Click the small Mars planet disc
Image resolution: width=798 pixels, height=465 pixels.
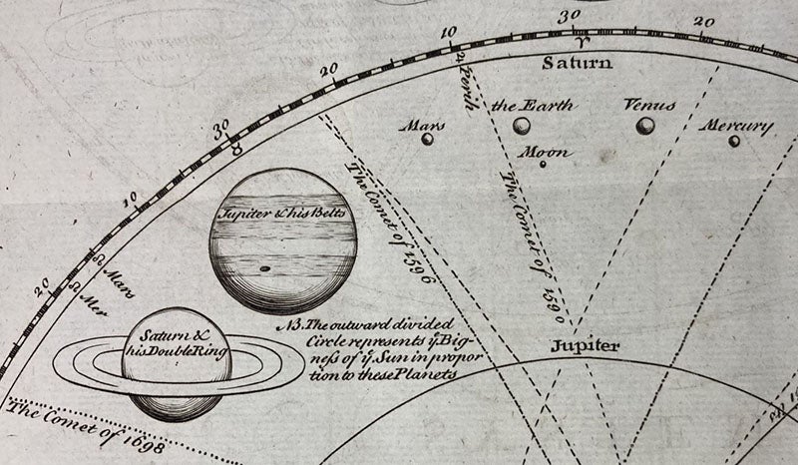click(x=428, y=139)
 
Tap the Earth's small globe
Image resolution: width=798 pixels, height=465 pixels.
click(x=521, y=126)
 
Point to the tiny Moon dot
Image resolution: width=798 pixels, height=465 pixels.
click(x=543, y=164)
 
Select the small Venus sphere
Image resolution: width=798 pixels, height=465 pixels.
click(x=646, y=125)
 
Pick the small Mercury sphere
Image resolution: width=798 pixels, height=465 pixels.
click(x=734, y=141)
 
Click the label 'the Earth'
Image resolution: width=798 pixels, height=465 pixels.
click(x=534, y=105)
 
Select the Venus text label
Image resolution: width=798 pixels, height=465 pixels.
click(x=649, y=104)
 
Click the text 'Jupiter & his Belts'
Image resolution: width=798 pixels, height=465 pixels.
click(x=283, y=213)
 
